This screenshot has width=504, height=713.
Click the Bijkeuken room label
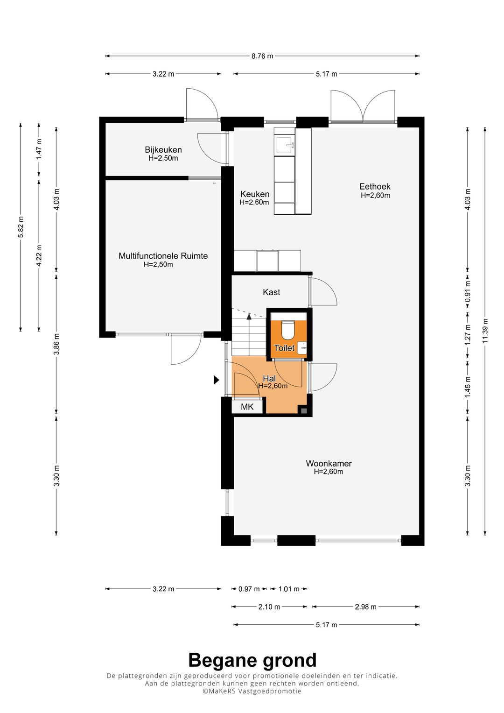pos(163,149)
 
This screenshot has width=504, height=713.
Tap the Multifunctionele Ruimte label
pos(163,256)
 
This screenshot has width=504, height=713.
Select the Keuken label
pos(254,194)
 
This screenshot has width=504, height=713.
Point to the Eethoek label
pos(375,186)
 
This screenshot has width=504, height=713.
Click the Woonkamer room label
pos(329,464)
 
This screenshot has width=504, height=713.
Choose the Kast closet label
pos(272,292)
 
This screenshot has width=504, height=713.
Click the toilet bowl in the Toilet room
pos(288,330)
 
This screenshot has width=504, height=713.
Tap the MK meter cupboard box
pos(247,407)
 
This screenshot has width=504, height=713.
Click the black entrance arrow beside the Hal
pos(217,380)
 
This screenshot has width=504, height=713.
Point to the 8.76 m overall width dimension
pos(262,56)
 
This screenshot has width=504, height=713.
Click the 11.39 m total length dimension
pos(485,331)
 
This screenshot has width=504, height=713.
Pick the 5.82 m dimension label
pos(21,227)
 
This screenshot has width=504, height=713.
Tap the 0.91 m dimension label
pos(468,291)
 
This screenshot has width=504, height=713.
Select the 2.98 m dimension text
pos(365,607)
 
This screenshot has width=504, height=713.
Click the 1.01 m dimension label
pos(289,589)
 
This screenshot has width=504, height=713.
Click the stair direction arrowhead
pos(249,317)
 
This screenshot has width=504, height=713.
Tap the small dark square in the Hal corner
pos(304,411)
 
